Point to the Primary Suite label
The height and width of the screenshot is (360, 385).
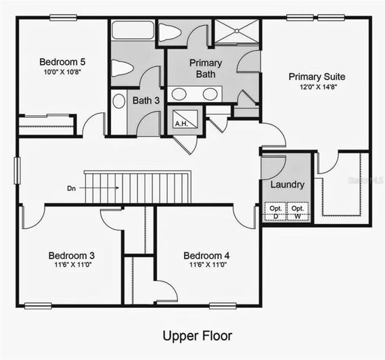pos(315,76)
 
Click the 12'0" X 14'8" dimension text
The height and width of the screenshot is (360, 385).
pos(315,87)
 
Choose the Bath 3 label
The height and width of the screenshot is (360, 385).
pos(145,101)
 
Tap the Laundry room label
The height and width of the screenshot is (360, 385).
pos(287,185)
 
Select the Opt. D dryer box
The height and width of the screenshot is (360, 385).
pos(275,212)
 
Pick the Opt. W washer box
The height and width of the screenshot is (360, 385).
pos(298,212)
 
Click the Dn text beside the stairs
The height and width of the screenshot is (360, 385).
pos(71,187)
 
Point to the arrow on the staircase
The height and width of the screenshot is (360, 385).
pos(101,187)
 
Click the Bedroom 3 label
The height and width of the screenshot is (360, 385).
pos(71,255)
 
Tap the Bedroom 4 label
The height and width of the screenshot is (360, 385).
pos(206,255)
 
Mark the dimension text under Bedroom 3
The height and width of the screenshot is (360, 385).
pos(71,265)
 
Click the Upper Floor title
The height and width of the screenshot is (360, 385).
pos(197,336)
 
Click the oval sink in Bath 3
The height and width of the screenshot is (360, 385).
pos(118,102)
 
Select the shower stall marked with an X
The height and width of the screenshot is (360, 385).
pos(237,32)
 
